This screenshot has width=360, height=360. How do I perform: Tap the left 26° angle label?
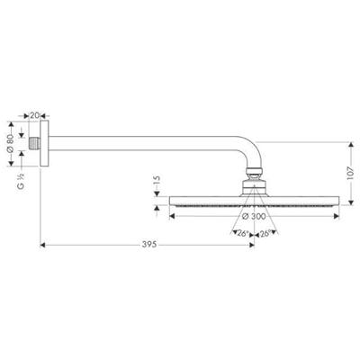click(241, 234)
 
